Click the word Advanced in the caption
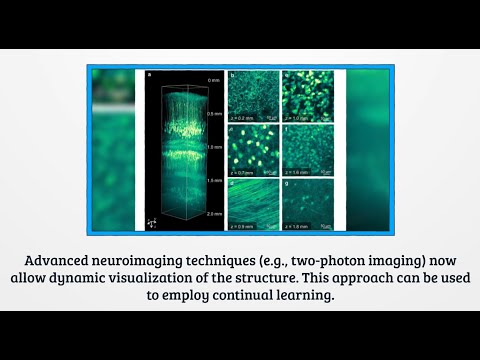pyautogui.click(x=102, y=253)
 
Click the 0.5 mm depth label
pyautogui.click(x=213, y=113)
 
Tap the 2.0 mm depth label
pyautogui.click(x=213, y=214)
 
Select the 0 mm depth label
pyautogui.click(x=213, y=79)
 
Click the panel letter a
pyautogui.click(x=149, y=75)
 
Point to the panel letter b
pyautogui.click(x=232, y=75)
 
